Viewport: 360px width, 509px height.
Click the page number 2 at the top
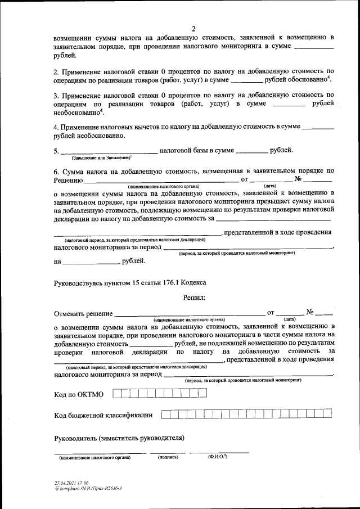click(x=193, y=29)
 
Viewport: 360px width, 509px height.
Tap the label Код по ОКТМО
click(x=80, y=395)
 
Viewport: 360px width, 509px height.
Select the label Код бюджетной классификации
click(x=103, y=416)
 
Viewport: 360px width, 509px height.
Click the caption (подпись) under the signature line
click(x=168, y=457)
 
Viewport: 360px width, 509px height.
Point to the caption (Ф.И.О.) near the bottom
click(x=218, y=457)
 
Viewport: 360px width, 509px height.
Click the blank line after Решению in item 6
click(x=161, y=182)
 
